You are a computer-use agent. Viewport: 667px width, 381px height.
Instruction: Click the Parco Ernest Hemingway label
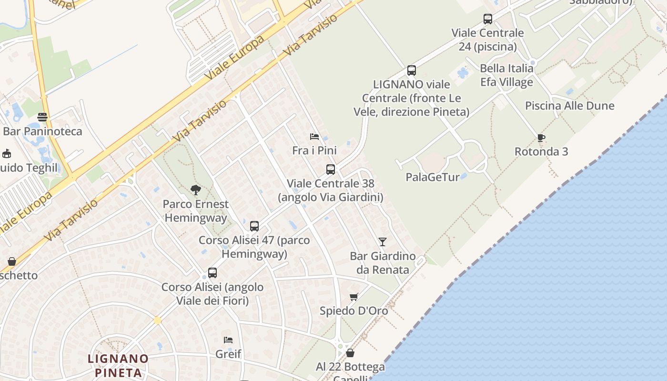coord(195,211)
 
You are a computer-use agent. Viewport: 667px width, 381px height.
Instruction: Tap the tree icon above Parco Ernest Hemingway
coord(195,190)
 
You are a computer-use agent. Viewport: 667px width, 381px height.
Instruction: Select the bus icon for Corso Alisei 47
coord(254,226)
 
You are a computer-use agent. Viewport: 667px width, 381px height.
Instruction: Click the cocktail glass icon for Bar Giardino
coord(382,241)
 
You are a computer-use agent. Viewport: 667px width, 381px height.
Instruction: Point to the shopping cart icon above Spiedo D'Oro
coord(354,297)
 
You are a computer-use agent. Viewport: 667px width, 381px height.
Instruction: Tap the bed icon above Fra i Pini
coord(314,137)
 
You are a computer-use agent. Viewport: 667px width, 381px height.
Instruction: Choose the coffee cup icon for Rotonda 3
coord(541,138)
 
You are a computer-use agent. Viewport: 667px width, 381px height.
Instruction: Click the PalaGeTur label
coord(433,177)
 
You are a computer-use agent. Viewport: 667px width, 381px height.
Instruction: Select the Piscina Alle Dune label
coord(570,106)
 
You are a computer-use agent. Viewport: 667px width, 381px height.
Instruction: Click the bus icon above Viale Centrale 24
coord(488,19)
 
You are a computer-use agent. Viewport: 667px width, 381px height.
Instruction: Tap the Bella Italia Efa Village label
coord(506,75)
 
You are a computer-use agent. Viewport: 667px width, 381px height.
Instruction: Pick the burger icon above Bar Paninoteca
coord(42,117)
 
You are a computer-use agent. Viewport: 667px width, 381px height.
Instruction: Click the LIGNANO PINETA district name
coord(118,365)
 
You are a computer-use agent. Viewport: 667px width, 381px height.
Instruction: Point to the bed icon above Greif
coord(228,340)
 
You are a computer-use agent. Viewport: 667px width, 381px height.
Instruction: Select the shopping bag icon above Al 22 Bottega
coord(350,353)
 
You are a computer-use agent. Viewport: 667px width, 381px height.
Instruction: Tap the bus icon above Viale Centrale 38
coord(331,169)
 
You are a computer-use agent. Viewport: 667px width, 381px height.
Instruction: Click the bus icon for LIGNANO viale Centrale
coord(412,70)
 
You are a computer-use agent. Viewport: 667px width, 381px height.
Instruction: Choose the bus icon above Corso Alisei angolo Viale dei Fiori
coord(212,273)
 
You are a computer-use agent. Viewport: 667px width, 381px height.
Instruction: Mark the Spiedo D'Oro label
coord(354,311)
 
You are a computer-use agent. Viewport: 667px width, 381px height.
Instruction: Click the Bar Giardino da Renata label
coord(383,263)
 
